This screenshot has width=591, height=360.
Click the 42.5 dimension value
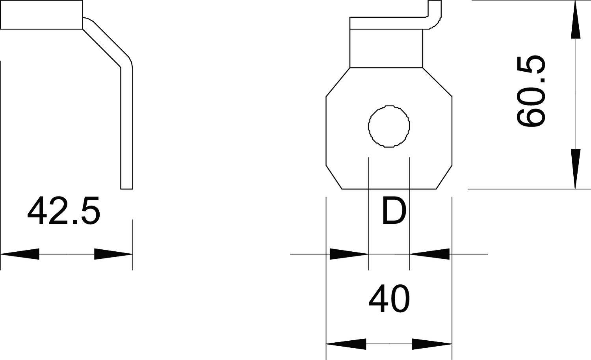tap(64, 212)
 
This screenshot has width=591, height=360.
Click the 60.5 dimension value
tap(531, 91)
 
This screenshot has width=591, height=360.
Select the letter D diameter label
tap(394, 212)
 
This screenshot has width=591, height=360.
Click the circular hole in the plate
tap(389, 126)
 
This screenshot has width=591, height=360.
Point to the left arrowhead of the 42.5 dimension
tap(20, 254)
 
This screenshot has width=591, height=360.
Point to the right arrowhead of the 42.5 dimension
tap(113, 254)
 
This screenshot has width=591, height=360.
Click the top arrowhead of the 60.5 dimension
tap(576, 20)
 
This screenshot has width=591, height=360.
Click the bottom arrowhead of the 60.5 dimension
tap(576, 169)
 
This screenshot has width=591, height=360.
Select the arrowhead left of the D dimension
tap(349, 254)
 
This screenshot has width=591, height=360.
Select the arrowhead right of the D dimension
tap(430, 254)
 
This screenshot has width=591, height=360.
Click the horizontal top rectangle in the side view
tap(41, 15)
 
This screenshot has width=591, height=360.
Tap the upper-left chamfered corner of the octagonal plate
tap(338, 82)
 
